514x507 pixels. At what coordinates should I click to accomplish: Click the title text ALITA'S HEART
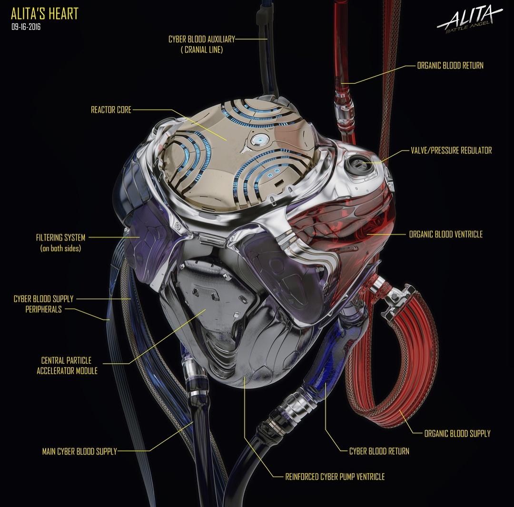point(44,14)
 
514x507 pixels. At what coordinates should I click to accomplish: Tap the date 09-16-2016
point(26,27)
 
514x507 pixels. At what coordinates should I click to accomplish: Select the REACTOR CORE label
point(111,110)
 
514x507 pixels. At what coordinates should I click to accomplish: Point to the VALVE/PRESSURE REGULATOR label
point(451,150)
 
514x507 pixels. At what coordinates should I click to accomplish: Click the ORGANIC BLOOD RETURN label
point(450,66)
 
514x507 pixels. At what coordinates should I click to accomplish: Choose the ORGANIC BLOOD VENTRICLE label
point(445,234)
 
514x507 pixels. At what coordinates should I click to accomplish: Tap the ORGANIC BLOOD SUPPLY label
point(457,433)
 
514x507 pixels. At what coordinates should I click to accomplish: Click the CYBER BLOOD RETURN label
point(379,451)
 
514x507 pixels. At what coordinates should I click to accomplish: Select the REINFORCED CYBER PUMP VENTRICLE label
point(335,476)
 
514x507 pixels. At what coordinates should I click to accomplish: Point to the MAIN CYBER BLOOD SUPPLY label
point(79,451)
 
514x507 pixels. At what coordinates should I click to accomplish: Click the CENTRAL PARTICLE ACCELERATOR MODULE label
point(67,366)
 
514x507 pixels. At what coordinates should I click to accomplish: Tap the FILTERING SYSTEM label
point(60,237)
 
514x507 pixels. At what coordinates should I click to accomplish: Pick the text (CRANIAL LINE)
point(202,50)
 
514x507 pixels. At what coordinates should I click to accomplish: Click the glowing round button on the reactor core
point(260,139)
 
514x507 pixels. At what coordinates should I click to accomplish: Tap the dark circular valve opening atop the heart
point(357,166)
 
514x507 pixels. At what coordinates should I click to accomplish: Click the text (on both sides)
point(60,248)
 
